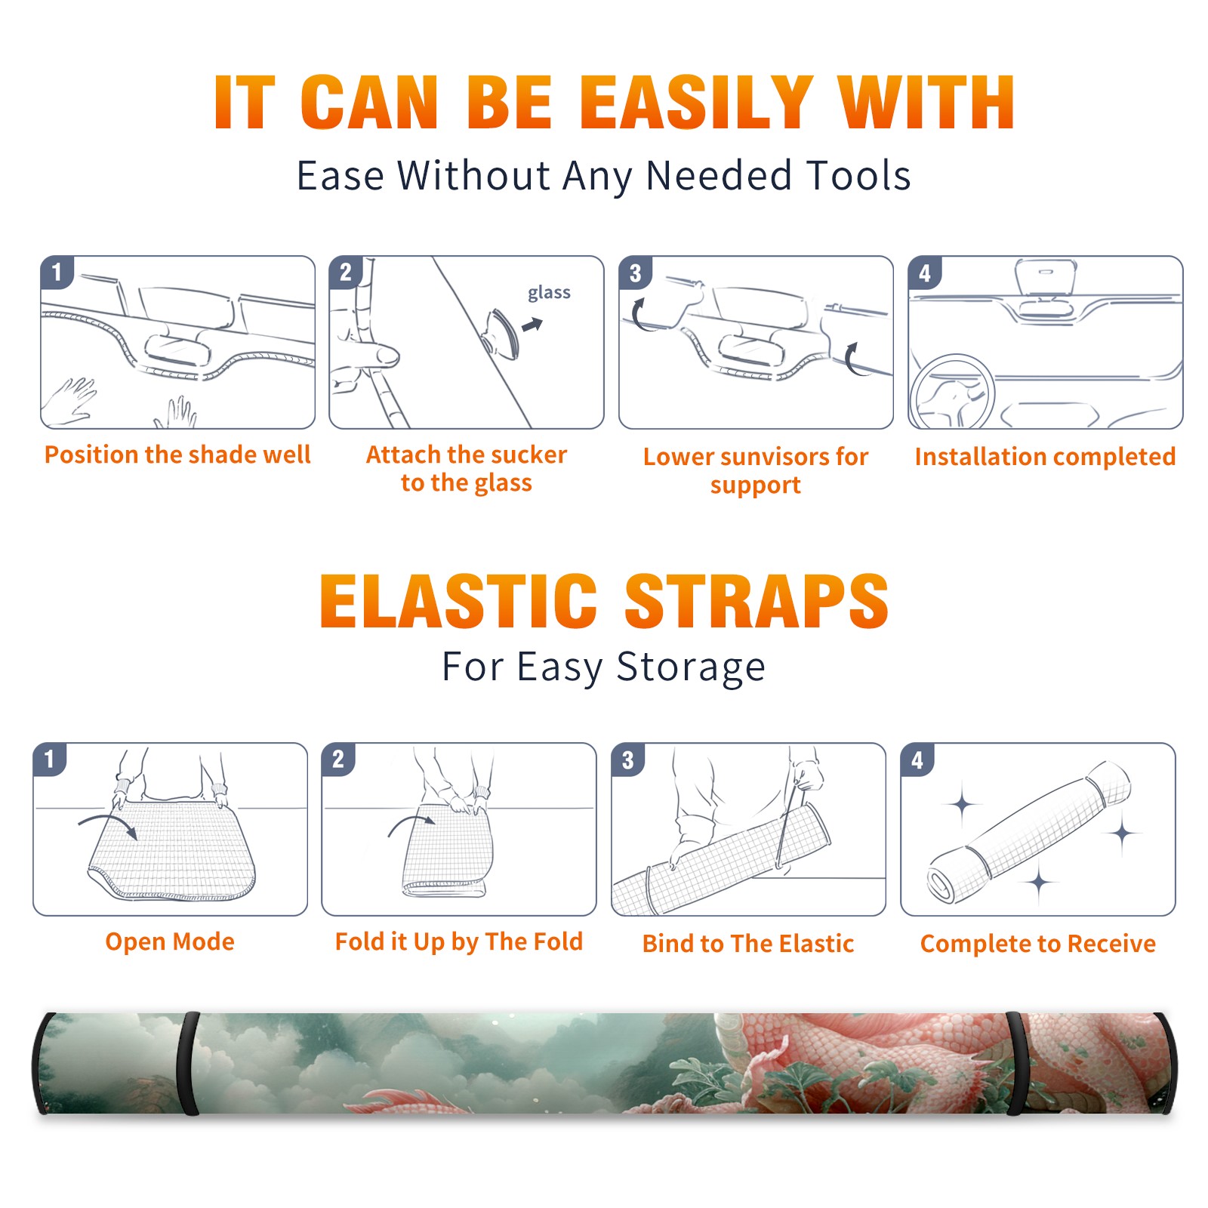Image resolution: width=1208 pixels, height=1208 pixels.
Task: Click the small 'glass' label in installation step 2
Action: point(549,293)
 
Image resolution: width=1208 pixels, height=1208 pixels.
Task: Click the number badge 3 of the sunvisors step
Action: point(635,273)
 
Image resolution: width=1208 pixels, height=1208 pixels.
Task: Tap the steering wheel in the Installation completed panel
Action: point(951,391)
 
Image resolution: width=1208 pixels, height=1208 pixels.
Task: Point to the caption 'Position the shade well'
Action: point(177,455)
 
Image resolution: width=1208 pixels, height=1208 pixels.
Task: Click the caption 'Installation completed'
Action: point(1045,457)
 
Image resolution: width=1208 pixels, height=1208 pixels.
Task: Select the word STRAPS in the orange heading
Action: point(757,601)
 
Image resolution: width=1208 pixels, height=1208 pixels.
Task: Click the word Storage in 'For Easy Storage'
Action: point(691,667)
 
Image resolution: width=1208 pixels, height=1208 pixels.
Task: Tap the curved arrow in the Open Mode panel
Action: point(109,824)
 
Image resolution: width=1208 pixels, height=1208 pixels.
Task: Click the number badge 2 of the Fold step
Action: point(338,760)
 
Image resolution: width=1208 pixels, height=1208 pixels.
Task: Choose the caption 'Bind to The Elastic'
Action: point(748,944)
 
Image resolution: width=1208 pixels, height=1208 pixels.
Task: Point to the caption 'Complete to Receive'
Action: point(1038,944)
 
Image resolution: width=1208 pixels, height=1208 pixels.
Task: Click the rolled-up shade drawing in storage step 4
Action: point(1029,831)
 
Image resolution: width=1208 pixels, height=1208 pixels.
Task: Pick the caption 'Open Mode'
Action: point(170,941)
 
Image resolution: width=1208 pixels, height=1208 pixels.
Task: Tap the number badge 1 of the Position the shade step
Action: point(57,273)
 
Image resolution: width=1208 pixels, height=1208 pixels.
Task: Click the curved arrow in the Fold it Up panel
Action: point(411,824)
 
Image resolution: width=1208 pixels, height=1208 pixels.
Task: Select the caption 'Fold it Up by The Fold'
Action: point(459,941)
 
